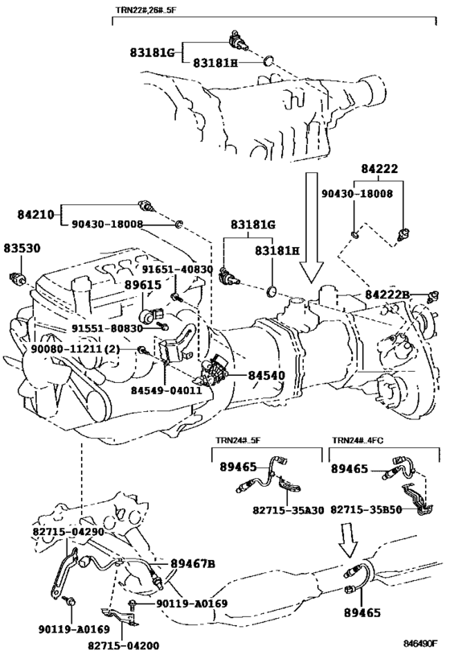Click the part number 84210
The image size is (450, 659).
click(x=36, y=215)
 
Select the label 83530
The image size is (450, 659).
click(x=22, y=249)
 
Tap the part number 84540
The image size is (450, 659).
click(x=266, y=375)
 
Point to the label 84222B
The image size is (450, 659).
click(x=387, y=295)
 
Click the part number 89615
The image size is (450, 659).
click(x=143, y=285)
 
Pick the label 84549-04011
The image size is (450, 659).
click(x=166, y=390)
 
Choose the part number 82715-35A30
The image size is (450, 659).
click(x=288, y=510)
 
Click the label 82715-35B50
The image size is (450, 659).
click(x=366, y=509)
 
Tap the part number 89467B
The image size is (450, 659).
click(x=193, y=563)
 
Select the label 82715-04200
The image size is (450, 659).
click(x=124, y=645)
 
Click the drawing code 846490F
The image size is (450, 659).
click(x=420, y=644)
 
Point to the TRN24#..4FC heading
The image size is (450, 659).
click(x=358, y=440)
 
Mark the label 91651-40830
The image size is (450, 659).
click(x=177, y=270)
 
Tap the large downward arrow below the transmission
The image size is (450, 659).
click(x=312, y=227)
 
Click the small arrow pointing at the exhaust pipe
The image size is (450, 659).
click(x=348, y=540)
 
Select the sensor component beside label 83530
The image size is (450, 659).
click(x=18, y=278)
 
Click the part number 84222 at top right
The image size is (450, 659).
click(x=379, y=168)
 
